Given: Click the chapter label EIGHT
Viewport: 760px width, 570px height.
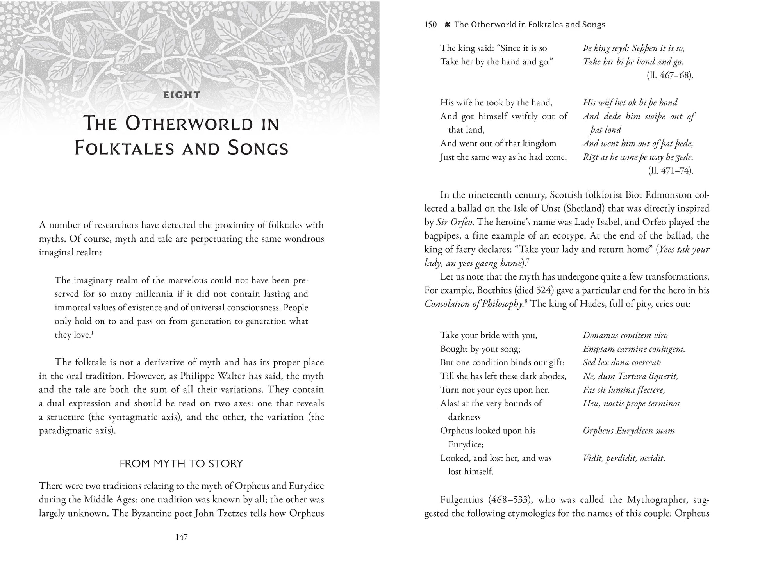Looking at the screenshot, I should point(182,95).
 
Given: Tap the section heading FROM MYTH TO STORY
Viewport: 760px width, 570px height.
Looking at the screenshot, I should point(181,463).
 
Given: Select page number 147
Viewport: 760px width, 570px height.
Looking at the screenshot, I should point(182,537).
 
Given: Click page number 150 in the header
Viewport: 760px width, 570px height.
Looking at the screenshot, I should point(430,25).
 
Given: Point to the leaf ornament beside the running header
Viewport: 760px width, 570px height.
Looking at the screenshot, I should point(448,25).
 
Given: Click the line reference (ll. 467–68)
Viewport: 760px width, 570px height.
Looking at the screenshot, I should point(670,75).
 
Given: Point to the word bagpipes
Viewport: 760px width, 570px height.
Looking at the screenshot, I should point(444,236).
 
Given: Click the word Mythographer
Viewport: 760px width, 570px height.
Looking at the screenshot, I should point(658,500).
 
